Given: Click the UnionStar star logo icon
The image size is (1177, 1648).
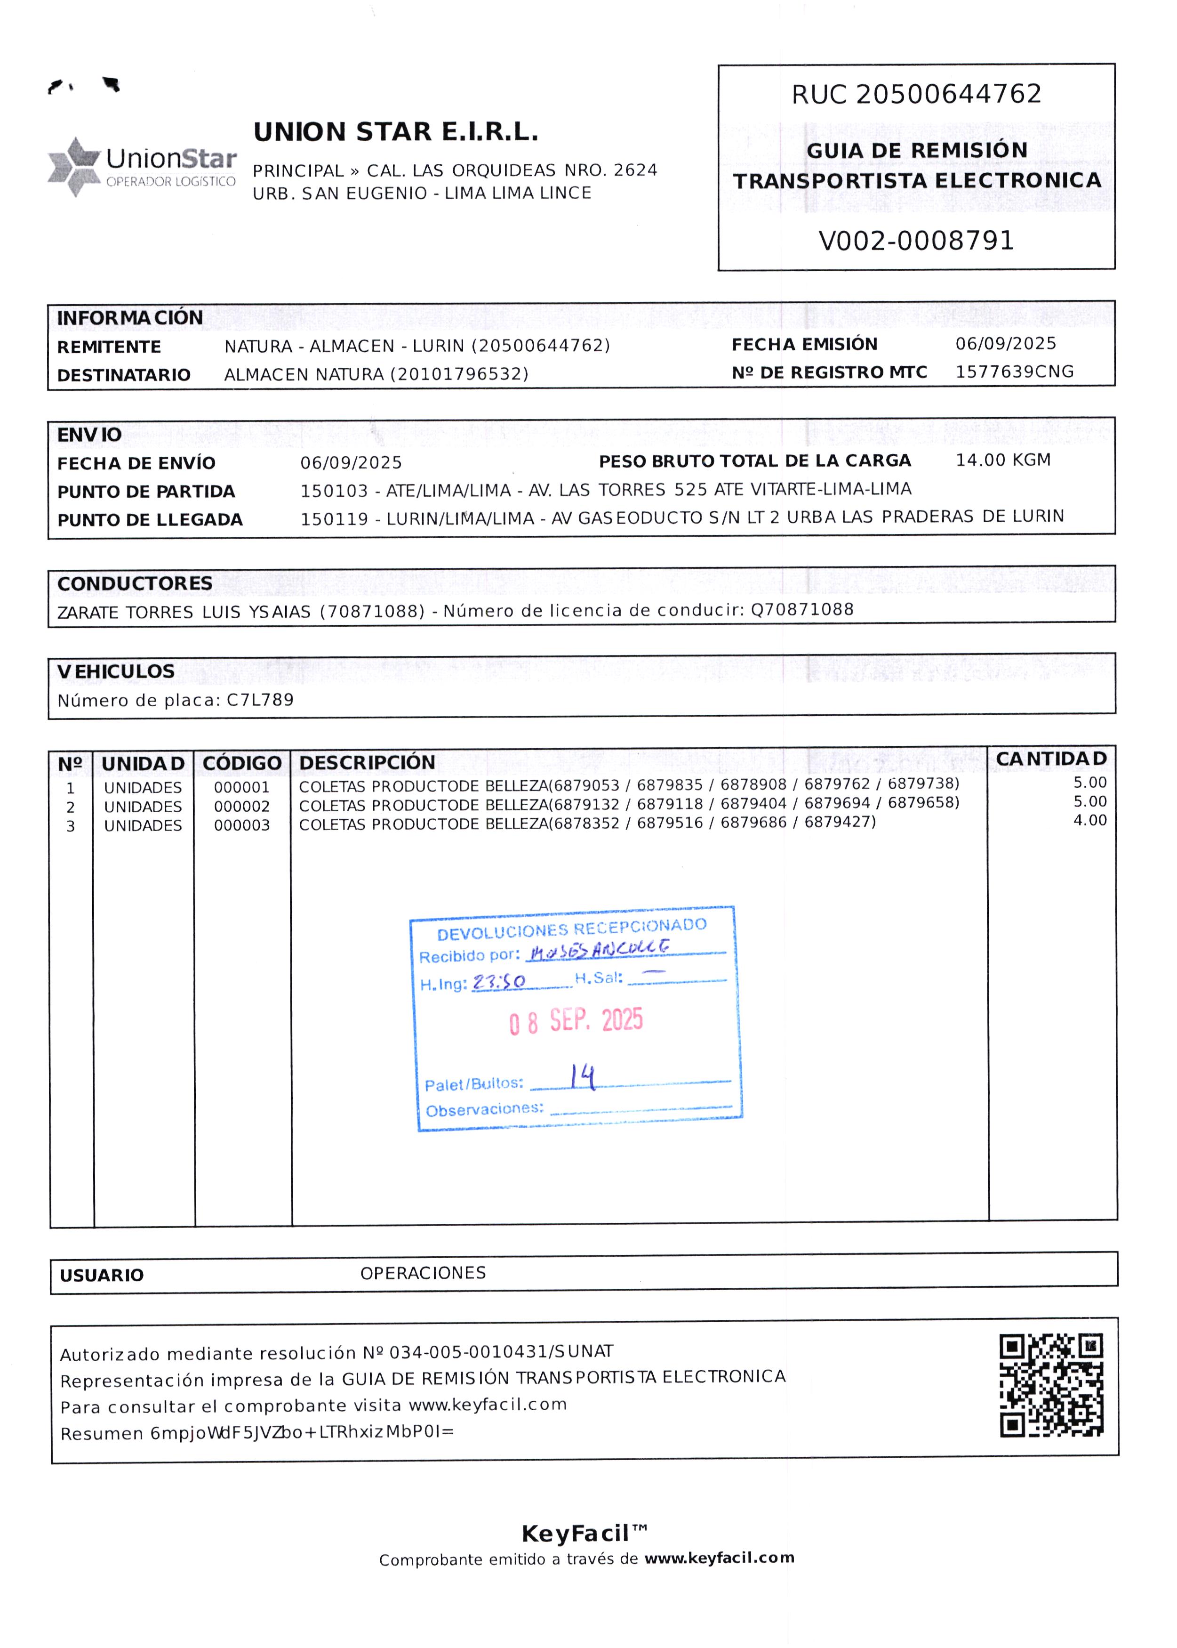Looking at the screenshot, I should (73, 166).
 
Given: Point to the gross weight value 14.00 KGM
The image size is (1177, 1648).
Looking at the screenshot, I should (1002, 460).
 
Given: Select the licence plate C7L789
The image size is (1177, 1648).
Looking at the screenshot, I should (260, 700).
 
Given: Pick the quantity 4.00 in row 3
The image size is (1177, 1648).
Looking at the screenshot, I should (1089, 821).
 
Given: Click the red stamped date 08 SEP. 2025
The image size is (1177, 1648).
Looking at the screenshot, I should (576, 1021).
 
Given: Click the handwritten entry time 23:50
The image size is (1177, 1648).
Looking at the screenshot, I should (499, 982).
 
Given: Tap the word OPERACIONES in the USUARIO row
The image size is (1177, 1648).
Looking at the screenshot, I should (423, 1273).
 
